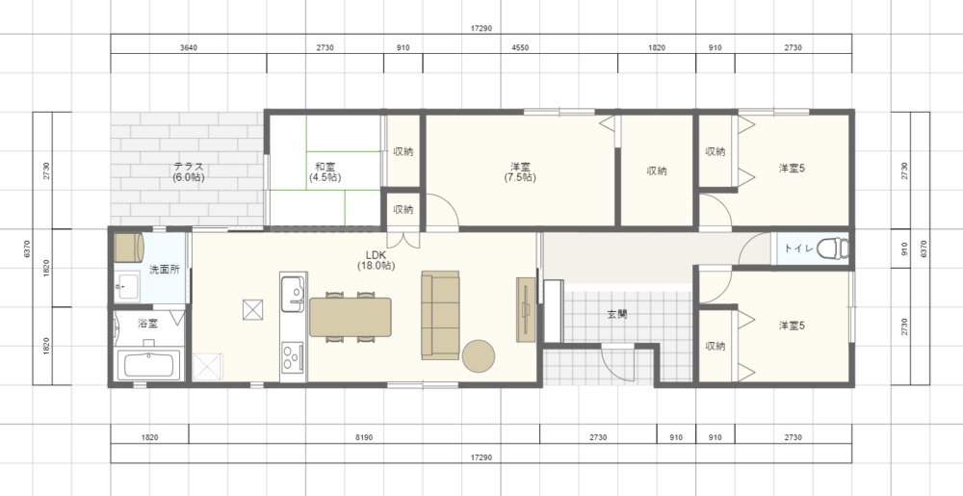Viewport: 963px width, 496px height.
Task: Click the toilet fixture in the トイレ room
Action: (832, 248)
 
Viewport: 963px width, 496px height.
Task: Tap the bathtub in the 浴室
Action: (152, 365)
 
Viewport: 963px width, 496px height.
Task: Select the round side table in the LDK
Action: (479, 356)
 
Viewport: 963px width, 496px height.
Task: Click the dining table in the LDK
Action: (351, 317)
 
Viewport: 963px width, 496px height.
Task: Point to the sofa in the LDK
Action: (440, 315)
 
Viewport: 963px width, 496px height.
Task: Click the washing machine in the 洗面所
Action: (129, 247)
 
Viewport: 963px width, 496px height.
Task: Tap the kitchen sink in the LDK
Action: (292, 293)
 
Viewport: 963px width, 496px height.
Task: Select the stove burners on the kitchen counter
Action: (293, 357)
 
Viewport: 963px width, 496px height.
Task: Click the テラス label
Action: (189, 171)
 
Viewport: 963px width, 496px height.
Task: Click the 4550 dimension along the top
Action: (520, 47)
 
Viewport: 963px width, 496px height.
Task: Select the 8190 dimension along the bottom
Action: (364, 437)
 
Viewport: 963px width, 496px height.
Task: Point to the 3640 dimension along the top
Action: (189, 47)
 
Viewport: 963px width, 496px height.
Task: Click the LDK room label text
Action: (376, 255)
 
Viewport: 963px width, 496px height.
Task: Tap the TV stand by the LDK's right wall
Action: (527, 309)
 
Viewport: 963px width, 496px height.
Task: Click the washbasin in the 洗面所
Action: (128, 287)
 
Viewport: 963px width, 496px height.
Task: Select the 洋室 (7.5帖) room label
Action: (520, 171)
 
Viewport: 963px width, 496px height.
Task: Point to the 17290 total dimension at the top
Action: (481, 28)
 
